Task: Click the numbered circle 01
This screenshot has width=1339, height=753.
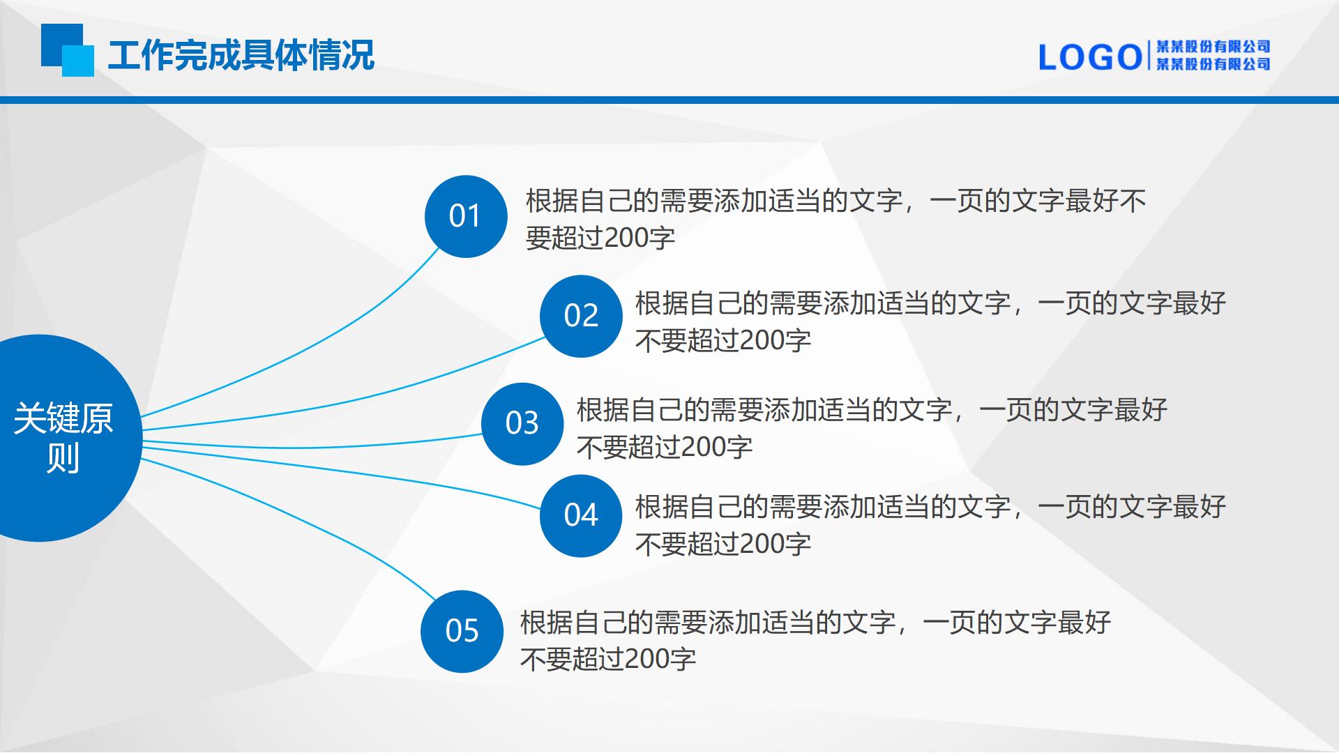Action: tap(466, 216)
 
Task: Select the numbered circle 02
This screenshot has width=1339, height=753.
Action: tap(581, 317)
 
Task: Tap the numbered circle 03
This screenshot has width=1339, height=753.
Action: tap(522, 424)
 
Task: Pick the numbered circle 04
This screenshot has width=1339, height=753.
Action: tap(581, 516)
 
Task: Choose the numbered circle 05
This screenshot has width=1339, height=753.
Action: tap(462, 632)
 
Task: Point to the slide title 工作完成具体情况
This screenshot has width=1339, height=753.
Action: tap(241, 55)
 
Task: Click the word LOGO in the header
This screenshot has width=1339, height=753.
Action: tap(1089, 57)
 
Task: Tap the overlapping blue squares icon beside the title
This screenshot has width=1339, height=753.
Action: tap(67, 50)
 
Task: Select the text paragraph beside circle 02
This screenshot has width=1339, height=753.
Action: tap(930, 321)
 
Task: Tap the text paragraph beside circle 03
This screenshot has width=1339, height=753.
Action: tap(872, 428)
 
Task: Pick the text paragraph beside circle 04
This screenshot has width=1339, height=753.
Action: tap(930, 525)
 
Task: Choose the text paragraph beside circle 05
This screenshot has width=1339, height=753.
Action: tap(815, 640)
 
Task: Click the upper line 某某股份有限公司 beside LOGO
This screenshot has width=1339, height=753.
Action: tap(1213, 47)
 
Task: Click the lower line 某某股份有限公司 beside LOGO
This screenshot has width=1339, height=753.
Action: tap(1213, 64)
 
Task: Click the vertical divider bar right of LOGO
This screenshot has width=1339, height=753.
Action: tap(1148, 56)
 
